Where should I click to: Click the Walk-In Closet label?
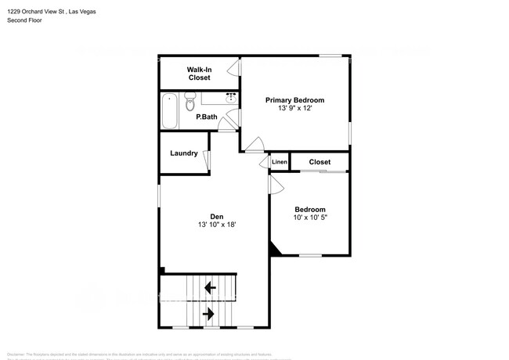tap(198, 74)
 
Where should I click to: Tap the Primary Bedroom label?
tap(294, 100)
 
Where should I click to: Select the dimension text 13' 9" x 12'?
tap(294, 109)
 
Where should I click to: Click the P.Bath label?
tap(207, 117)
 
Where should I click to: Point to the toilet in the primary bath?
tap(190, 104)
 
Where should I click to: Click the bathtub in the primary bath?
tap(169, 111)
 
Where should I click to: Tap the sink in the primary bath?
tap(231, 99)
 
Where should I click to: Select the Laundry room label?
tap(183, 153)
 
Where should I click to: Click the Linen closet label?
tap(280, 162)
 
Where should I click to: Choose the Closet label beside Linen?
tap(319, 162)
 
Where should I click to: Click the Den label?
tap(217, 216)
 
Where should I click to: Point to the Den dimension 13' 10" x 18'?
tap(217, 225)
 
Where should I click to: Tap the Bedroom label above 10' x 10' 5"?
tap(310, 209)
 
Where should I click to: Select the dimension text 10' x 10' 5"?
tap(310, 218)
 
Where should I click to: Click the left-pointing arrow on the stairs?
tap(210, 287)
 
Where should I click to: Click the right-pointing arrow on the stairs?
tap(209, 314)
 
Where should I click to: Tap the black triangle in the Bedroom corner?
tap(274, 250)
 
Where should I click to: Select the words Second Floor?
tap(24, 21)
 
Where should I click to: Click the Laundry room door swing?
tap(208, 160)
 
